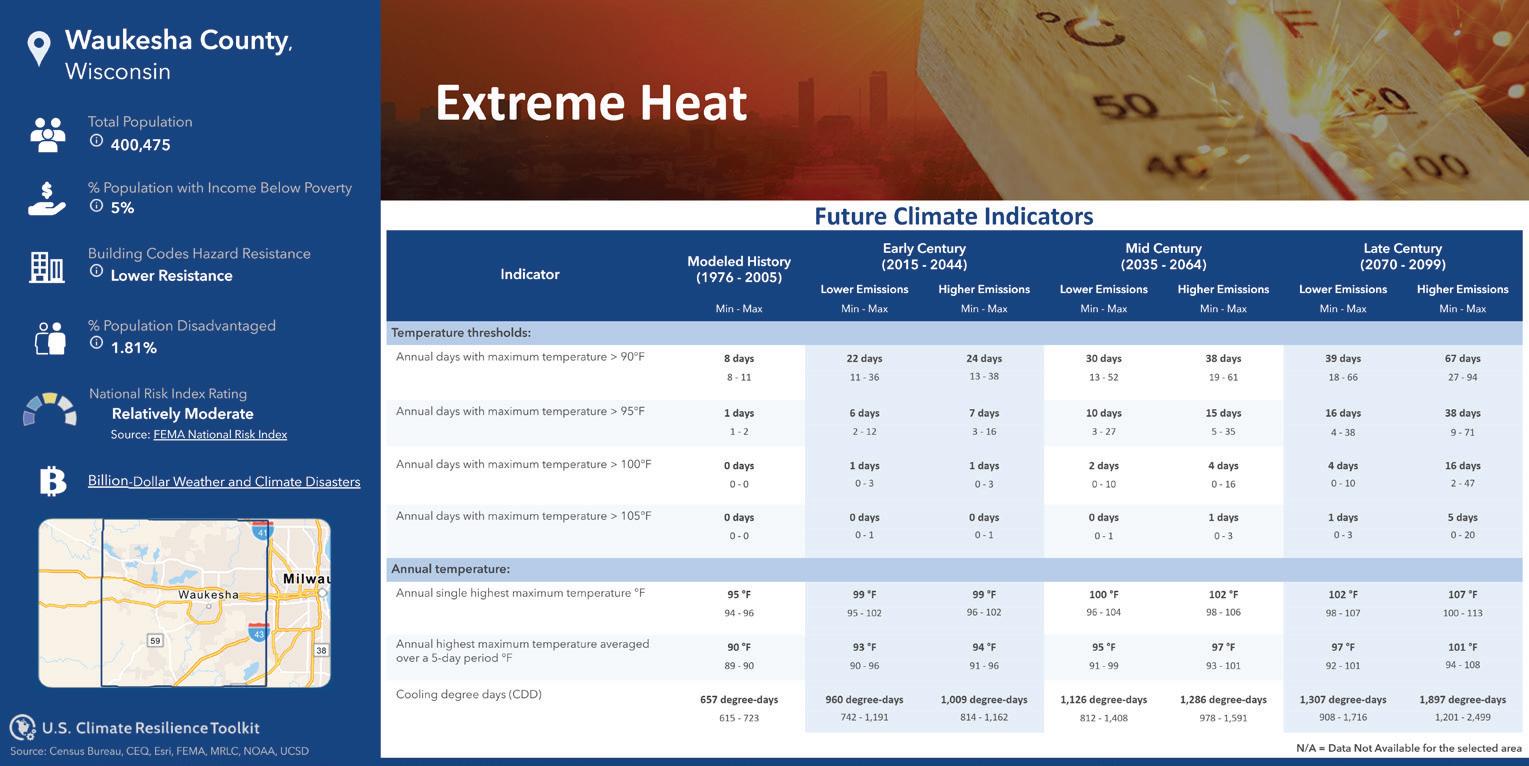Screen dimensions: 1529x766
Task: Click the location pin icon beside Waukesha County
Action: (x=39, y=48)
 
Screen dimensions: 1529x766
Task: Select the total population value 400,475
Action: (x=141, y=145)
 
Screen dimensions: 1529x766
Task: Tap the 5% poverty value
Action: (x=123, y=208)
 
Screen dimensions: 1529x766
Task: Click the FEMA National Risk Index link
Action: (x=220, y=434)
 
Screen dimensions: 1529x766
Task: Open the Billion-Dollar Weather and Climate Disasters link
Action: (x=224, y=481)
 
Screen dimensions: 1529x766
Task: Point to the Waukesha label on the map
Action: (x=208, y=595)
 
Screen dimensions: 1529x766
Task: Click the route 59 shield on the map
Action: (x=156, y=640)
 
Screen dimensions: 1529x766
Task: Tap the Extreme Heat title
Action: (x=591, y=102)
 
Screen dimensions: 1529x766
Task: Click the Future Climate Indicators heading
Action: (x=954, y=216)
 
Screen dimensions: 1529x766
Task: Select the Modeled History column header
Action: (x=739, y=269)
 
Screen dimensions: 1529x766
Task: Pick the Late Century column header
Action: (x=1402, y=256)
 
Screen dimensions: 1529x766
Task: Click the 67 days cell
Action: (x=1462, y=358)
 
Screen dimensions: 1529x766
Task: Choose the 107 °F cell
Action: (x=1462, y=595)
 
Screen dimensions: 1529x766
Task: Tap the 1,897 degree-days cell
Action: (x=1462, y=700)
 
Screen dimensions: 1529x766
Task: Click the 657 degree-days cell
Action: (x=739, y=700)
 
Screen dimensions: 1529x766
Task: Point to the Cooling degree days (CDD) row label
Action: (x=469, y=694)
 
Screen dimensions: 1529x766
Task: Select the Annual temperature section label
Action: (x=451, y=569)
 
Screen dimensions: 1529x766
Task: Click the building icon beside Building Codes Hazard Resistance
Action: (x=46, y=267)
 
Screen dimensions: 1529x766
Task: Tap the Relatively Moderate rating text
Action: (x=182, y=414)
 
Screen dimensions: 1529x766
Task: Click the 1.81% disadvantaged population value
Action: (x=134, y=347)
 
